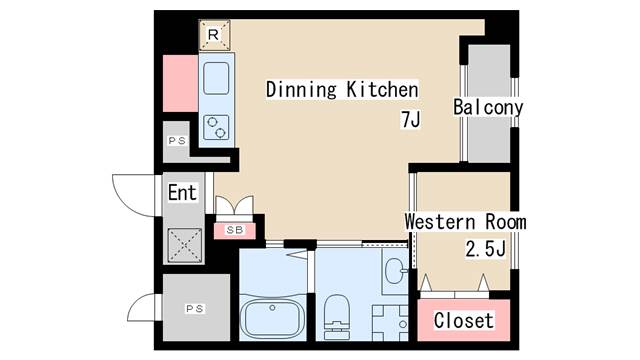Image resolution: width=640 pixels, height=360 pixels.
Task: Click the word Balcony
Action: (488, 107)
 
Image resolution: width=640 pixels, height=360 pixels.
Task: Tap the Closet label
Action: (463, 321)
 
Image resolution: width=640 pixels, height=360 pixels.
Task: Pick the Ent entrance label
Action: (182, 193)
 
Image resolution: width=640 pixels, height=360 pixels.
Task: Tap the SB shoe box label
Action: (235, 230)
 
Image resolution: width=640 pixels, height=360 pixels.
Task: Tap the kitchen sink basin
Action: (217, 76)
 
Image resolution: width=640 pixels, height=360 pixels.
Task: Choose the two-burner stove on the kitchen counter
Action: (217, 127)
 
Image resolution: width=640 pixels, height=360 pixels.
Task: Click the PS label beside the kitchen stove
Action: (177, 141)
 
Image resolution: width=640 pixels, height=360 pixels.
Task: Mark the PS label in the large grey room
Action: (195, 309)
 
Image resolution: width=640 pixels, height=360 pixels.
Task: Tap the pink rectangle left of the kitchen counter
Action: (181, 83)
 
